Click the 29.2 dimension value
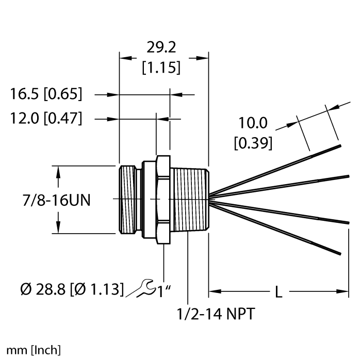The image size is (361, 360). [x=161, y=48]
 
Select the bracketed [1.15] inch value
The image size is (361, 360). [x=161, y=67]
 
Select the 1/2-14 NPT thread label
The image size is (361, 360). [x=215, y=314]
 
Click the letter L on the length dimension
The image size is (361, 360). [x=278, y=292]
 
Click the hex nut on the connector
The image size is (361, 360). [x=163, y=199]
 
